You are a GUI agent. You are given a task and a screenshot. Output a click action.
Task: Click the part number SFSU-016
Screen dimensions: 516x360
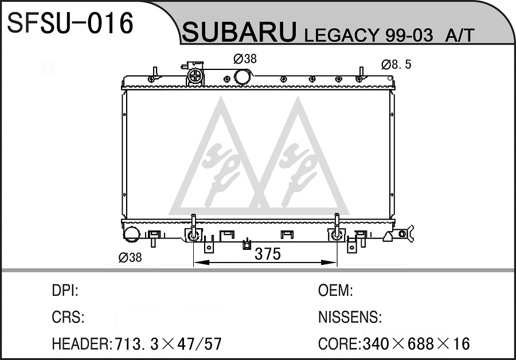pyautogui.click(x=70, y=22)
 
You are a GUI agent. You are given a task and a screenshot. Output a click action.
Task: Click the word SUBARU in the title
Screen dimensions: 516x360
pyautogui.click(x=239, y=32)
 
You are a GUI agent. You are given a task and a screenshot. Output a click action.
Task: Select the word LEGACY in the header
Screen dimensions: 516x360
pyautogui.click(x=342, y=35)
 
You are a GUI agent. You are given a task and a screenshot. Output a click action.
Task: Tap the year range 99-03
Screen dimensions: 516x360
pyautogui.click(x=409, y=35)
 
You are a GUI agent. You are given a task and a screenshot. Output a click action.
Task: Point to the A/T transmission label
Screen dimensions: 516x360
pyautogui.click(x=459, y=35)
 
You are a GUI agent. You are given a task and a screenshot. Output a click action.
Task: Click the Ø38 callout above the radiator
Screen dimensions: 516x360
pyautogui.click(x=245, y=59)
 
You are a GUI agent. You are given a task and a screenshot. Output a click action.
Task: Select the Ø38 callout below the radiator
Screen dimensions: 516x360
pyautogui.click(x=130, y=257)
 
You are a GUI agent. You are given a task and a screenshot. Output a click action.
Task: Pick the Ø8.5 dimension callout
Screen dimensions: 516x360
pyautogui.click(x=397, y=65)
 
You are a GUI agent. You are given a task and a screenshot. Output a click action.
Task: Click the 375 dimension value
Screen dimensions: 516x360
pyautogui.click(x=268, y=254)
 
